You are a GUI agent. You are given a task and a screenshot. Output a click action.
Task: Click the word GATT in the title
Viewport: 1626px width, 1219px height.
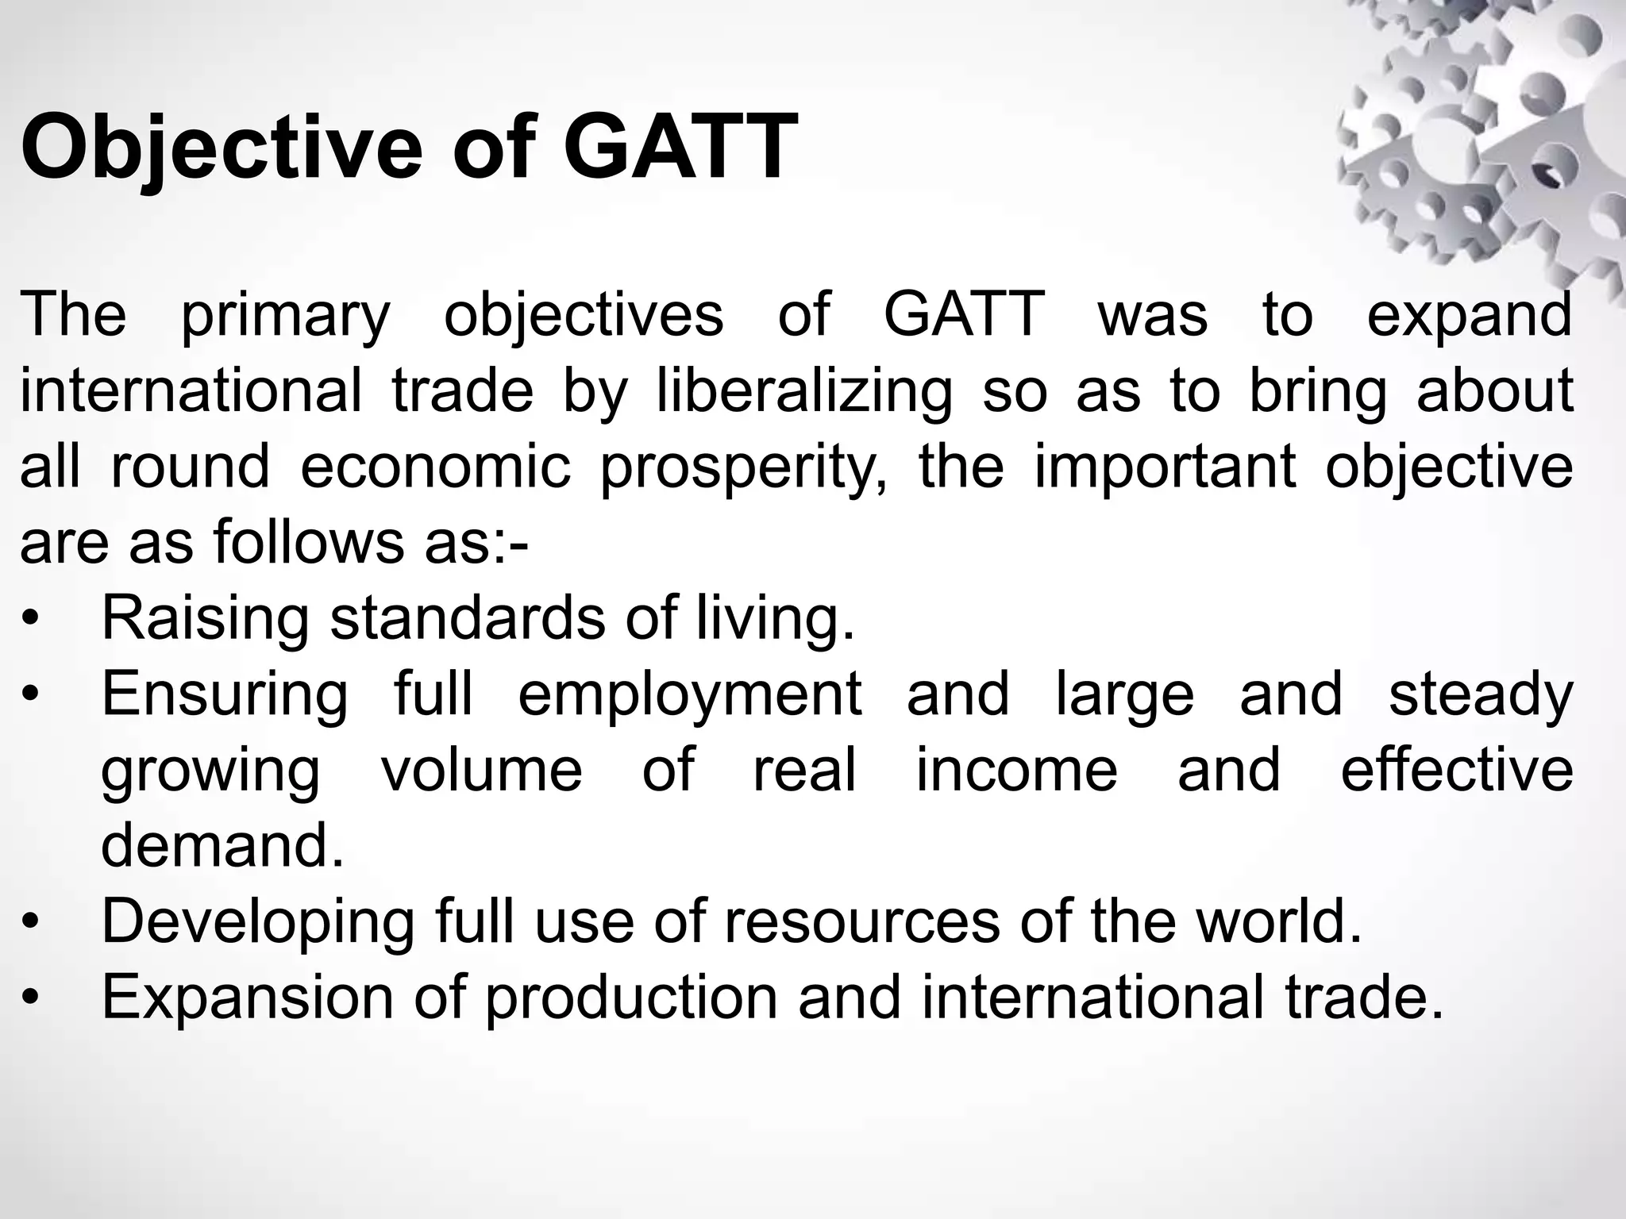680,148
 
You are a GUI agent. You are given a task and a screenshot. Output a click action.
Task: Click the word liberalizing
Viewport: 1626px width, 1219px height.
803,392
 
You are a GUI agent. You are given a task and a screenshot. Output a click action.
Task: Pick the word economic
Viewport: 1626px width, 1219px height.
435,467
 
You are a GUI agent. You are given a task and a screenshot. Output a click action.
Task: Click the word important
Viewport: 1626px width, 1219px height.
1165,467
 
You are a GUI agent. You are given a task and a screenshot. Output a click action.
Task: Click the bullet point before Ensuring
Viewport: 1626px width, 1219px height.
30,695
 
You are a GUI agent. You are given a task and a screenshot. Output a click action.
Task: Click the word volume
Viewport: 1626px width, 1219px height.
481,770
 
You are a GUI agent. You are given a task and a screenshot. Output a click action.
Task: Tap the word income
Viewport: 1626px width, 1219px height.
1016,770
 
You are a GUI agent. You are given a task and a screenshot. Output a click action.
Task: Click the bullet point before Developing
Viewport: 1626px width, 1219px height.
30,922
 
